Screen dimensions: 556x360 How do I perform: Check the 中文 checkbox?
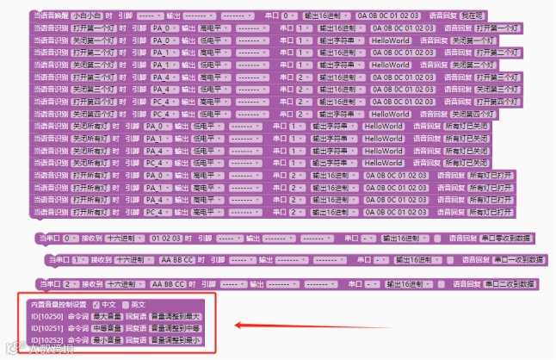click(x=96, y=304)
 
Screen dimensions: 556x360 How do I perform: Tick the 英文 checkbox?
click(x=126, y=304)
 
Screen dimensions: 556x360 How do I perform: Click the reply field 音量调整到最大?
click(x=175, y=316)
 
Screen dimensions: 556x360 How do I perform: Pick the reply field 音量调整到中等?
click(x=175, y=328)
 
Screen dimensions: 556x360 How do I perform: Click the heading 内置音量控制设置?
click(x=59, y=304)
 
